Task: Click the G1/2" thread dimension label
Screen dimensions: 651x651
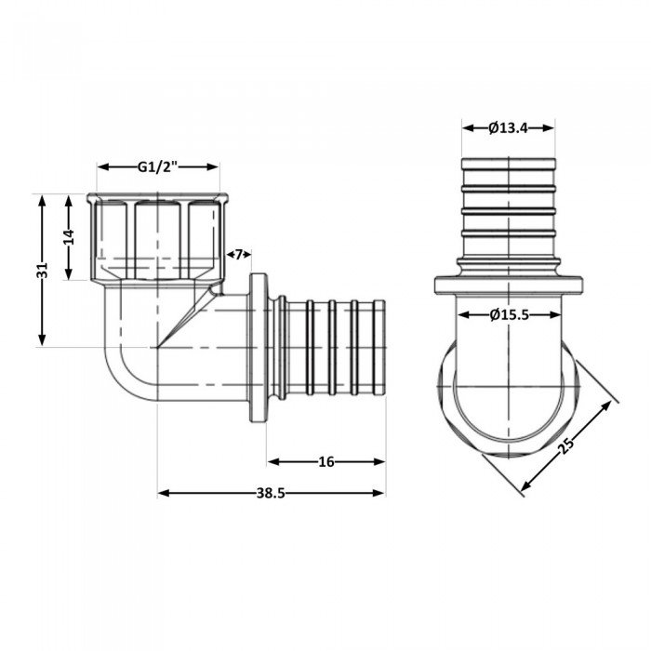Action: click(158, 167)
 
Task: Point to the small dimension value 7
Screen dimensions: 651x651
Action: click(238, 255)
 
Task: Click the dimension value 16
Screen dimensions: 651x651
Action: click(326, 461)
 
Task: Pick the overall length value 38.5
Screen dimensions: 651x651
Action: click(272, 494)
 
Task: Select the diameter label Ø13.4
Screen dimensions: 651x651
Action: click(508, 128)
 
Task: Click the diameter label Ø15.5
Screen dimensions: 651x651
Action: click(509, 315)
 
